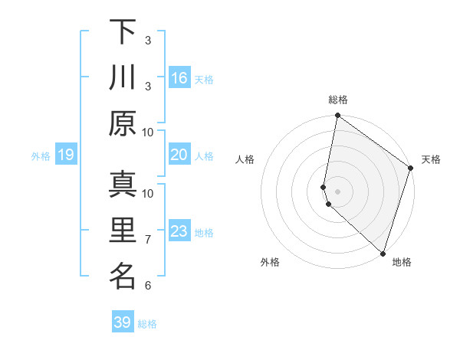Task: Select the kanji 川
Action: (122, 77)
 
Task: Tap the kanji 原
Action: (122, 123)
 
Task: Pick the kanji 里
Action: (122, 231)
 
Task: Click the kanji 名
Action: (122, 277)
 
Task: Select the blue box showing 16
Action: (179, 77)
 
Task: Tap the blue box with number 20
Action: (179, 155)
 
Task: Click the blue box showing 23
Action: (179, 231)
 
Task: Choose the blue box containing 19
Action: (66, 155)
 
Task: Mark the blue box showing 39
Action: (123, 322)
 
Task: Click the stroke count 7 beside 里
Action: (148, 240)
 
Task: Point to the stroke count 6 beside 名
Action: (148, 286)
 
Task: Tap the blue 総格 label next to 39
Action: (147, 324)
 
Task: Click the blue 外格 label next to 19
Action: (41, 156)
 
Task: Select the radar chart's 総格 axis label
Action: (338, 100)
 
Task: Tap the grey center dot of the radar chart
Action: (338, 191)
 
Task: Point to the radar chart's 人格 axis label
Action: (245, 160)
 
